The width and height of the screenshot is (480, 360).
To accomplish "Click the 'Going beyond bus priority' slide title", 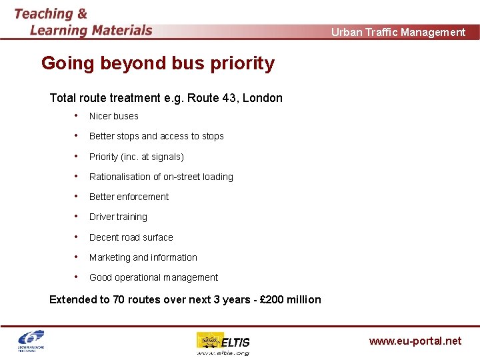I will (157, 63).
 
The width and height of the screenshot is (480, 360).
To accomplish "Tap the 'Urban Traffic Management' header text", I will (398, 32).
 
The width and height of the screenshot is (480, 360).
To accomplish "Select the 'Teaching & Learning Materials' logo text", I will (83, 22).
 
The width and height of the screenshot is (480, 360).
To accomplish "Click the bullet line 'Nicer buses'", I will (114, 116).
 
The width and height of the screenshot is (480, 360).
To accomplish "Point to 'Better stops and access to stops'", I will (156, 136).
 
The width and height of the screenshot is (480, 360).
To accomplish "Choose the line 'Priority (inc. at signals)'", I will (136, 157).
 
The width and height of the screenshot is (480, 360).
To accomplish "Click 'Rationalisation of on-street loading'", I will (161, 177).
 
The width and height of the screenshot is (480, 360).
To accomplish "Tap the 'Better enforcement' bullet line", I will (129, 197).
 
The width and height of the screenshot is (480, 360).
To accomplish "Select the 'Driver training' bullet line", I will (118, 217).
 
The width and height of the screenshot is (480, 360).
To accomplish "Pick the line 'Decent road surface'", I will (131, 237).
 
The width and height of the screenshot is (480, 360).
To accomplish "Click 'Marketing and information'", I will (143, 257).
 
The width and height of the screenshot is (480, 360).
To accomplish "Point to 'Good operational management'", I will (153, 277).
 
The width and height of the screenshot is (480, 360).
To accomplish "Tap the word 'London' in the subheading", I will (263, 98).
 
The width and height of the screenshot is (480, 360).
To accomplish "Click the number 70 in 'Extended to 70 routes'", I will (119, 299).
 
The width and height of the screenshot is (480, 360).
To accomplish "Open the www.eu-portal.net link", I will (415, 341).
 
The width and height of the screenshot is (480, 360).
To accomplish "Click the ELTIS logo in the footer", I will (223, 343).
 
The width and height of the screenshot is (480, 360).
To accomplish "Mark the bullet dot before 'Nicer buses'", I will (77, 115).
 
